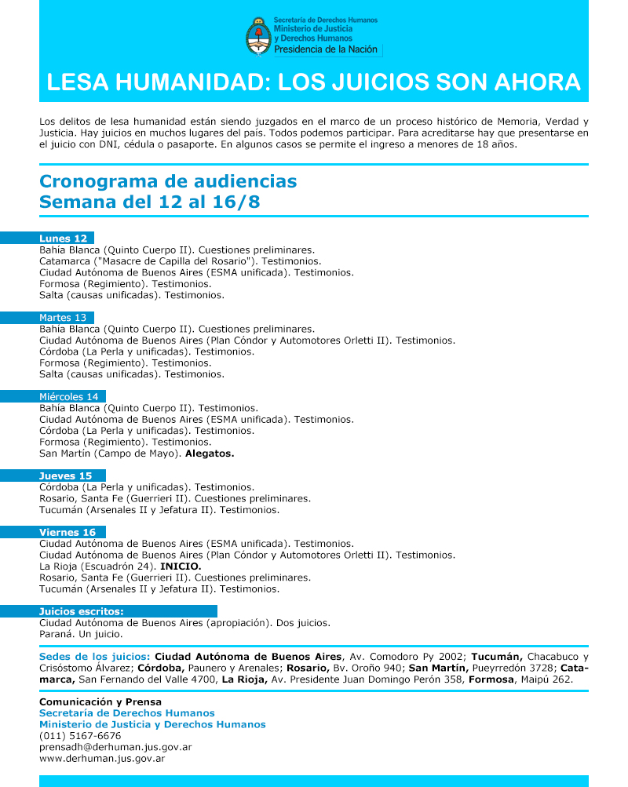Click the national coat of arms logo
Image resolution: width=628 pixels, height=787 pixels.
point(257,36)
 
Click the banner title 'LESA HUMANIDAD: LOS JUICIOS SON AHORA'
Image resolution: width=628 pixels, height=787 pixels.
point(314,82)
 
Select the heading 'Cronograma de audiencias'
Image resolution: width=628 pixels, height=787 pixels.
point(168,181)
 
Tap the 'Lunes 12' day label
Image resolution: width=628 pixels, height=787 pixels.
point(64,239)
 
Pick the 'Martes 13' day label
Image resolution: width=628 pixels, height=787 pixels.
point(63,318)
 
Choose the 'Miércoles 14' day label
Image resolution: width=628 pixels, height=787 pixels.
point(69,397)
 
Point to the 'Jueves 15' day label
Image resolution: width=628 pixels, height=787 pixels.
point(66,476)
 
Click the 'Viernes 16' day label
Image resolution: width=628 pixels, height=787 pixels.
point(68,533)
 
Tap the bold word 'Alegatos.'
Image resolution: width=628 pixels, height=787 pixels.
point(210,454)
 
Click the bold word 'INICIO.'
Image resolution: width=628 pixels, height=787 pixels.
point(181,567)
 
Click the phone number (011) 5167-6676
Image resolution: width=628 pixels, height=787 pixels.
point(80,736)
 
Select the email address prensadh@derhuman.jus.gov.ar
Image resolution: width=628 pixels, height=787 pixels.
point(115,747)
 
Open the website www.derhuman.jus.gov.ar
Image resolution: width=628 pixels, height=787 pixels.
point(102,759)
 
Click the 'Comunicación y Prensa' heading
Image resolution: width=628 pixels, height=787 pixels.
point(100,701)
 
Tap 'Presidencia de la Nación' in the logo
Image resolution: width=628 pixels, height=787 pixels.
point(326,49)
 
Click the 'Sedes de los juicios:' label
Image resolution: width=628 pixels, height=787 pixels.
point(94,657)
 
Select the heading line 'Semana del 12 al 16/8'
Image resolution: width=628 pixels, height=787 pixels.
point(150,202)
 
